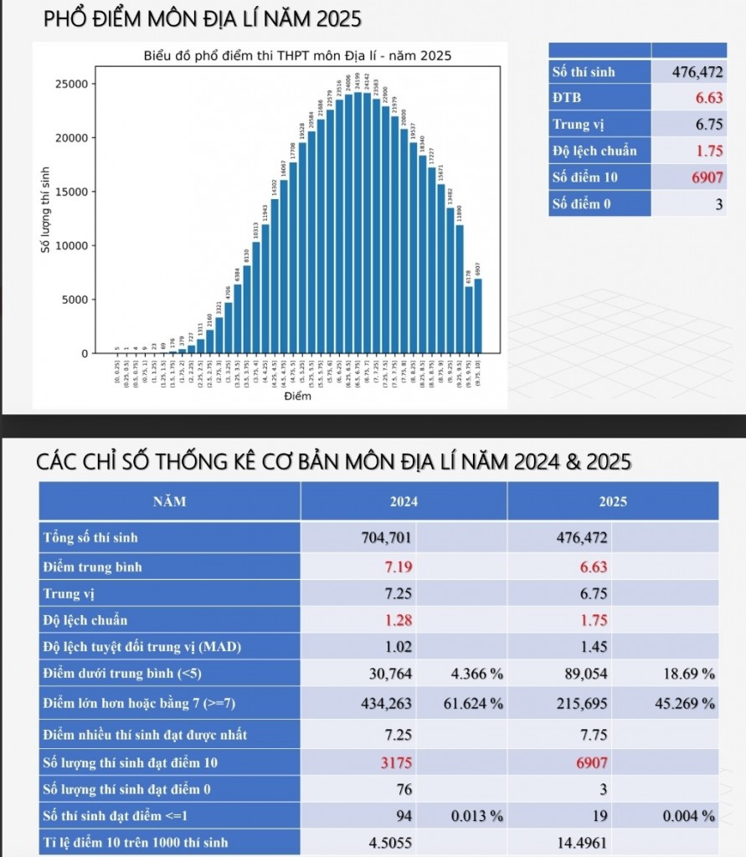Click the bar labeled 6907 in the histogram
tap(478, 316)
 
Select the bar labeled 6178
tap(469, 321)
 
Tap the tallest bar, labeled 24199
tap(358, 223)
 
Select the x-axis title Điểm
tap(297, 396)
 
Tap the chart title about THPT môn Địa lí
tap(297, 57)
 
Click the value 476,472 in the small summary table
tap(697, 72)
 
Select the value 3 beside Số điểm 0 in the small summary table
tap(718, 203)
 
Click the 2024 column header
tap(404, 502)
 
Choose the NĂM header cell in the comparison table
tap(169, 502)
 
